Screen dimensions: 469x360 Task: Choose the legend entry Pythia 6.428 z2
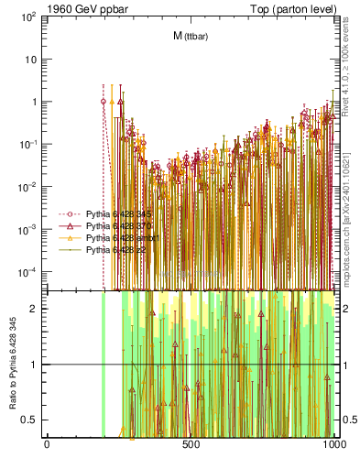tap(109, 248)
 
